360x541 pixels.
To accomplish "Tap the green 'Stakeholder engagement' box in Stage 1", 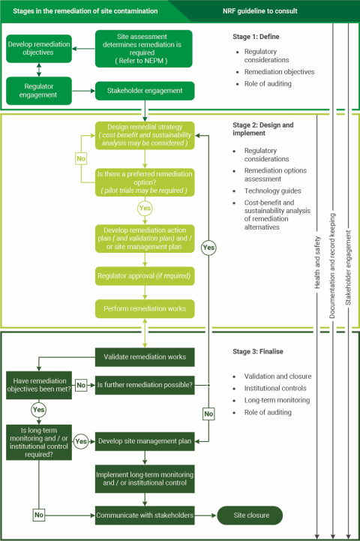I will (145, 92).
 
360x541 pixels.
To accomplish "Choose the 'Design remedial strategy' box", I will (145, 136).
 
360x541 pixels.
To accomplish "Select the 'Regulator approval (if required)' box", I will (145, 277).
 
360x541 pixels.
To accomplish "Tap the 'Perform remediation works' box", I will (145, 308).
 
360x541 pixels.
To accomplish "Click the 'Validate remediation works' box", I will (145, 356).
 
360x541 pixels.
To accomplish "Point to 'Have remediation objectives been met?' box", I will (38, 384).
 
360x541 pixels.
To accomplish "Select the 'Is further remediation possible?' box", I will (145, 385).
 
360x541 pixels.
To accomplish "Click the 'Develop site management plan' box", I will (145, 442).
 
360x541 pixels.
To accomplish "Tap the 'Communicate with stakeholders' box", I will (145, 515).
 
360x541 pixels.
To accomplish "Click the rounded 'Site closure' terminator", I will (250, 515).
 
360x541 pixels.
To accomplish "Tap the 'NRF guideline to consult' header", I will (259, 11).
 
